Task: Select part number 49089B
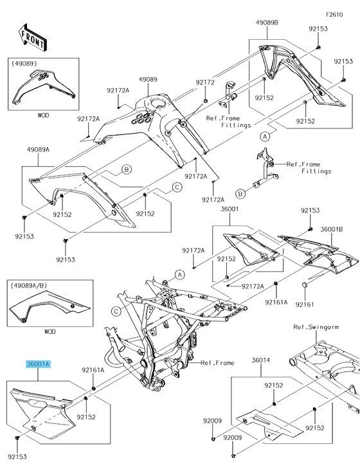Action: pyautogui.click(x=267, y=22)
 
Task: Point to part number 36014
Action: pyautogui.click(x=261, y=361)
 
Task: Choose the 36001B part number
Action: pyautogui.click(x=332, y=229)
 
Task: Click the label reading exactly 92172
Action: pyautogui.click(x=205, y=83)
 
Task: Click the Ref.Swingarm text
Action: pyautogui.click(x=316, y=328)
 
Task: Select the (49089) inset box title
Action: pyautogui.click(x=23, y=64)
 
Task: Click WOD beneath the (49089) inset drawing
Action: pyautogui.click(x=43, y=116)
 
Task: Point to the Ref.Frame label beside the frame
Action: pyautogui.click(x=217, y=363)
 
